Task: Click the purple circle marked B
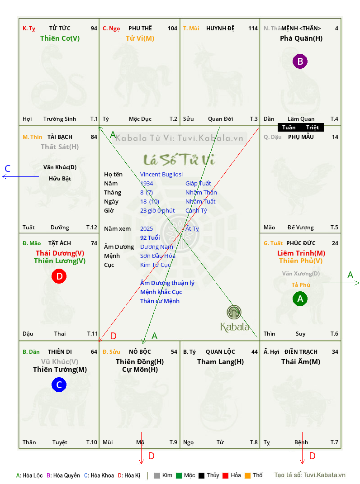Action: tap(300, 61)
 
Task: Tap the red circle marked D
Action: tap(59, 276)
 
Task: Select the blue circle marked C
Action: tap(59, 384)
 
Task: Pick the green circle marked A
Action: tap(300, 299)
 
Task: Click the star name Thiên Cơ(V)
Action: tap(60, 38)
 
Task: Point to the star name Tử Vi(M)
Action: tap(140, 38)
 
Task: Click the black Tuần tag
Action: tap(289, 128)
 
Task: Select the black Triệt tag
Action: tap(312, 128)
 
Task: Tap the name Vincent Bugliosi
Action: tap(161, 175)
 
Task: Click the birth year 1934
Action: tap(147, 183)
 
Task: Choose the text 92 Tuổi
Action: tap(150, 237)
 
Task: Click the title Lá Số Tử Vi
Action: tap(180, 160)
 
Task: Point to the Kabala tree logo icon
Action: tap(234, 312)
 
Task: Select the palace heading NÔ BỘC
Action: tap(140, 352)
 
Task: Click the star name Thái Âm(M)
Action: tap(301, 362)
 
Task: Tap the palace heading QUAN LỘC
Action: tap(220, 352)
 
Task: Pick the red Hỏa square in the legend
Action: tap(225, 475)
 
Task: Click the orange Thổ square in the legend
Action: tap(248, 475)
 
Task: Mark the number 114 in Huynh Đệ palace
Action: tap(253, 28)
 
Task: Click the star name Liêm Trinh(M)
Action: tap(301, 253)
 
